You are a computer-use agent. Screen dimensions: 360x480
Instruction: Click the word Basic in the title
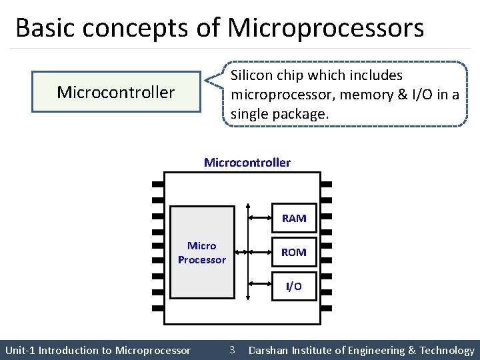41,28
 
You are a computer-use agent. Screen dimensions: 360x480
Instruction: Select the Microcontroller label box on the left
116,92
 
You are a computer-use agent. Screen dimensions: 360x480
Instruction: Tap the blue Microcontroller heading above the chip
247,163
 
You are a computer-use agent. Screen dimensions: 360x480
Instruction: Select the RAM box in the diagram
294,218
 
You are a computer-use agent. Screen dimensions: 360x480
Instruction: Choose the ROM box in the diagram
294,252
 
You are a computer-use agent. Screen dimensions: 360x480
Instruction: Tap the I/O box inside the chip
294,286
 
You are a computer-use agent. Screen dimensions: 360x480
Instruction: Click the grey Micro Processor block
202,252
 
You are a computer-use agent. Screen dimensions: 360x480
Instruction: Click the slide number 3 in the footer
231,349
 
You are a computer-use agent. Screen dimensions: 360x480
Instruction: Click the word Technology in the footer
447,351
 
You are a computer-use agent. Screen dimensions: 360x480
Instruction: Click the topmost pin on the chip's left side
158,184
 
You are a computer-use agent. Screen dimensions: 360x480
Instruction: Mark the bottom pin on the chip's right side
327,309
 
